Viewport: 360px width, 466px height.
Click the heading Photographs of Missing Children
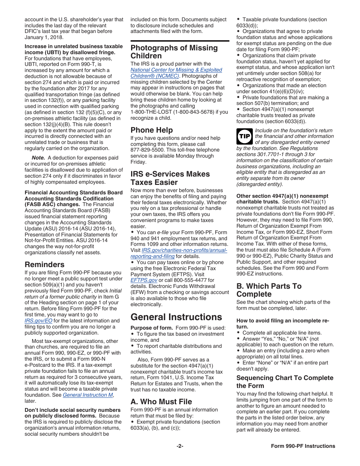point(174,52)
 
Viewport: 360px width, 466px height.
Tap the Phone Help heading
point(152,130)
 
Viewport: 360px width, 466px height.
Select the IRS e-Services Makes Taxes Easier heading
point(170,178)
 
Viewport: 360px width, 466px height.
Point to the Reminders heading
point(44,264)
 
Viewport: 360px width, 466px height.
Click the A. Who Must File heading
point(161,402)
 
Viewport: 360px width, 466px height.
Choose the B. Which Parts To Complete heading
point(269,290)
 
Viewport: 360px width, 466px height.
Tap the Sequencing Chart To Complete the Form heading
point(285,382)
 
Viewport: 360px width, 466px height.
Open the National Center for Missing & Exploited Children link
point(176,73)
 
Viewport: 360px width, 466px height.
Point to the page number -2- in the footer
point(180,446)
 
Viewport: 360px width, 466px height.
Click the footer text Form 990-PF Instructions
point(303,446)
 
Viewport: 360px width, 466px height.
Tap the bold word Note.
point(38,158)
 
